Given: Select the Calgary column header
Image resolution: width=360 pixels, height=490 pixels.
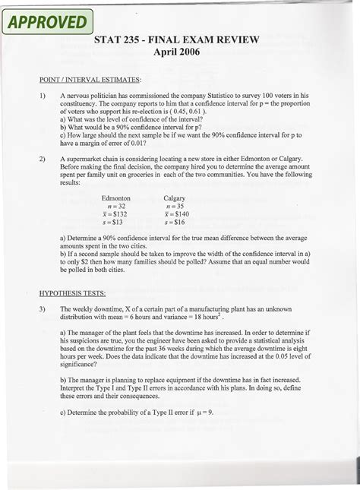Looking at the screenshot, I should (175, 197).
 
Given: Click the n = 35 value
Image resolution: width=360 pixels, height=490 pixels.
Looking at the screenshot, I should (175, 206).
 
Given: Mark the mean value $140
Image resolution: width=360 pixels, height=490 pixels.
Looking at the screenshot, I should (175, 214).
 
